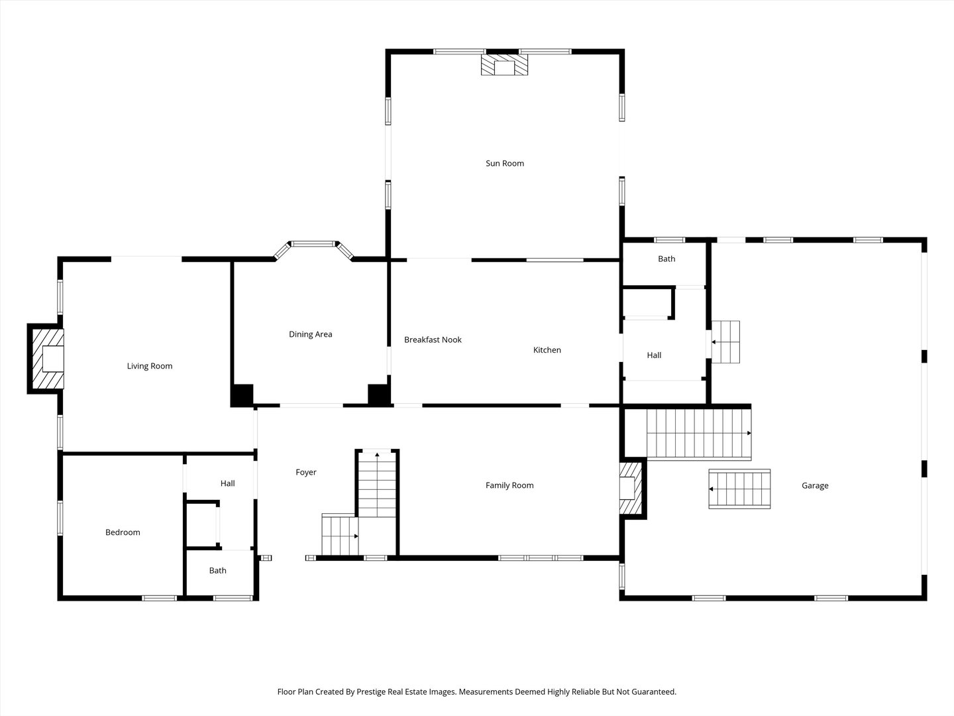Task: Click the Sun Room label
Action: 505,164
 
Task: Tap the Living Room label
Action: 150,366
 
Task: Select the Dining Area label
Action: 310,334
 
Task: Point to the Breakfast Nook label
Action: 433,339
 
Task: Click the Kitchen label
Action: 547,350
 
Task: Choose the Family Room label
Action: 509,485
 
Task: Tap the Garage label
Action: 815,485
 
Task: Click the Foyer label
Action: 306,472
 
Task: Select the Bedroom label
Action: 123,532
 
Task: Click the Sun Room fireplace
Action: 504,64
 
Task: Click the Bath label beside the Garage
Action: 666,259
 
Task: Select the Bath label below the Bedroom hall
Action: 217,570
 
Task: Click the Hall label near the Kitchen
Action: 654,355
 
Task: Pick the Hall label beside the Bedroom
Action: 227,483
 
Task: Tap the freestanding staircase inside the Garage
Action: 739,489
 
